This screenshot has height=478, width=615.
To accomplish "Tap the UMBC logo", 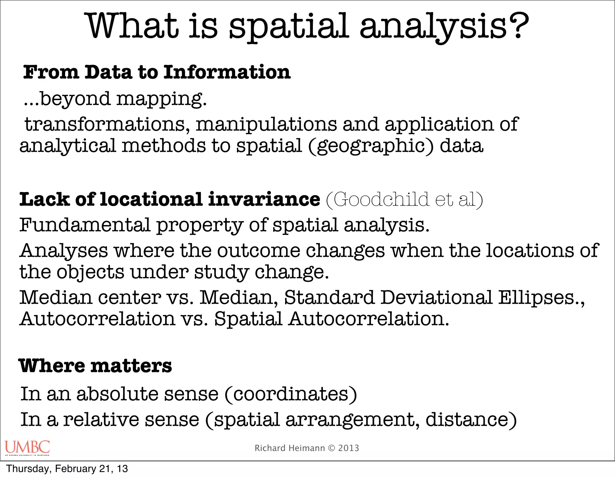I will [27, 447].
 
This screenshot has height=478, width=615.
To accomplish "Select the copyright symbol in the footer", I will [332, 448].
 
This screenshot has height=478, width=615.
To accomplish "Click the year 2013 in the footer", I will [349, 448].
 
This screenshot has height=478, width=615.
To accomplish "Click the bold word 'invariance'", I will [264, 199].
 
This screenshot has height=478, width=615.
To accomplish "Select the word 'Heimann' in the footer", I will [307, 448].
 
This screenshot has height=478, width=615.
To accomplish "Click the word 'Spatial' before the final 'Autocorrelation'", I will [248, 319].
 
